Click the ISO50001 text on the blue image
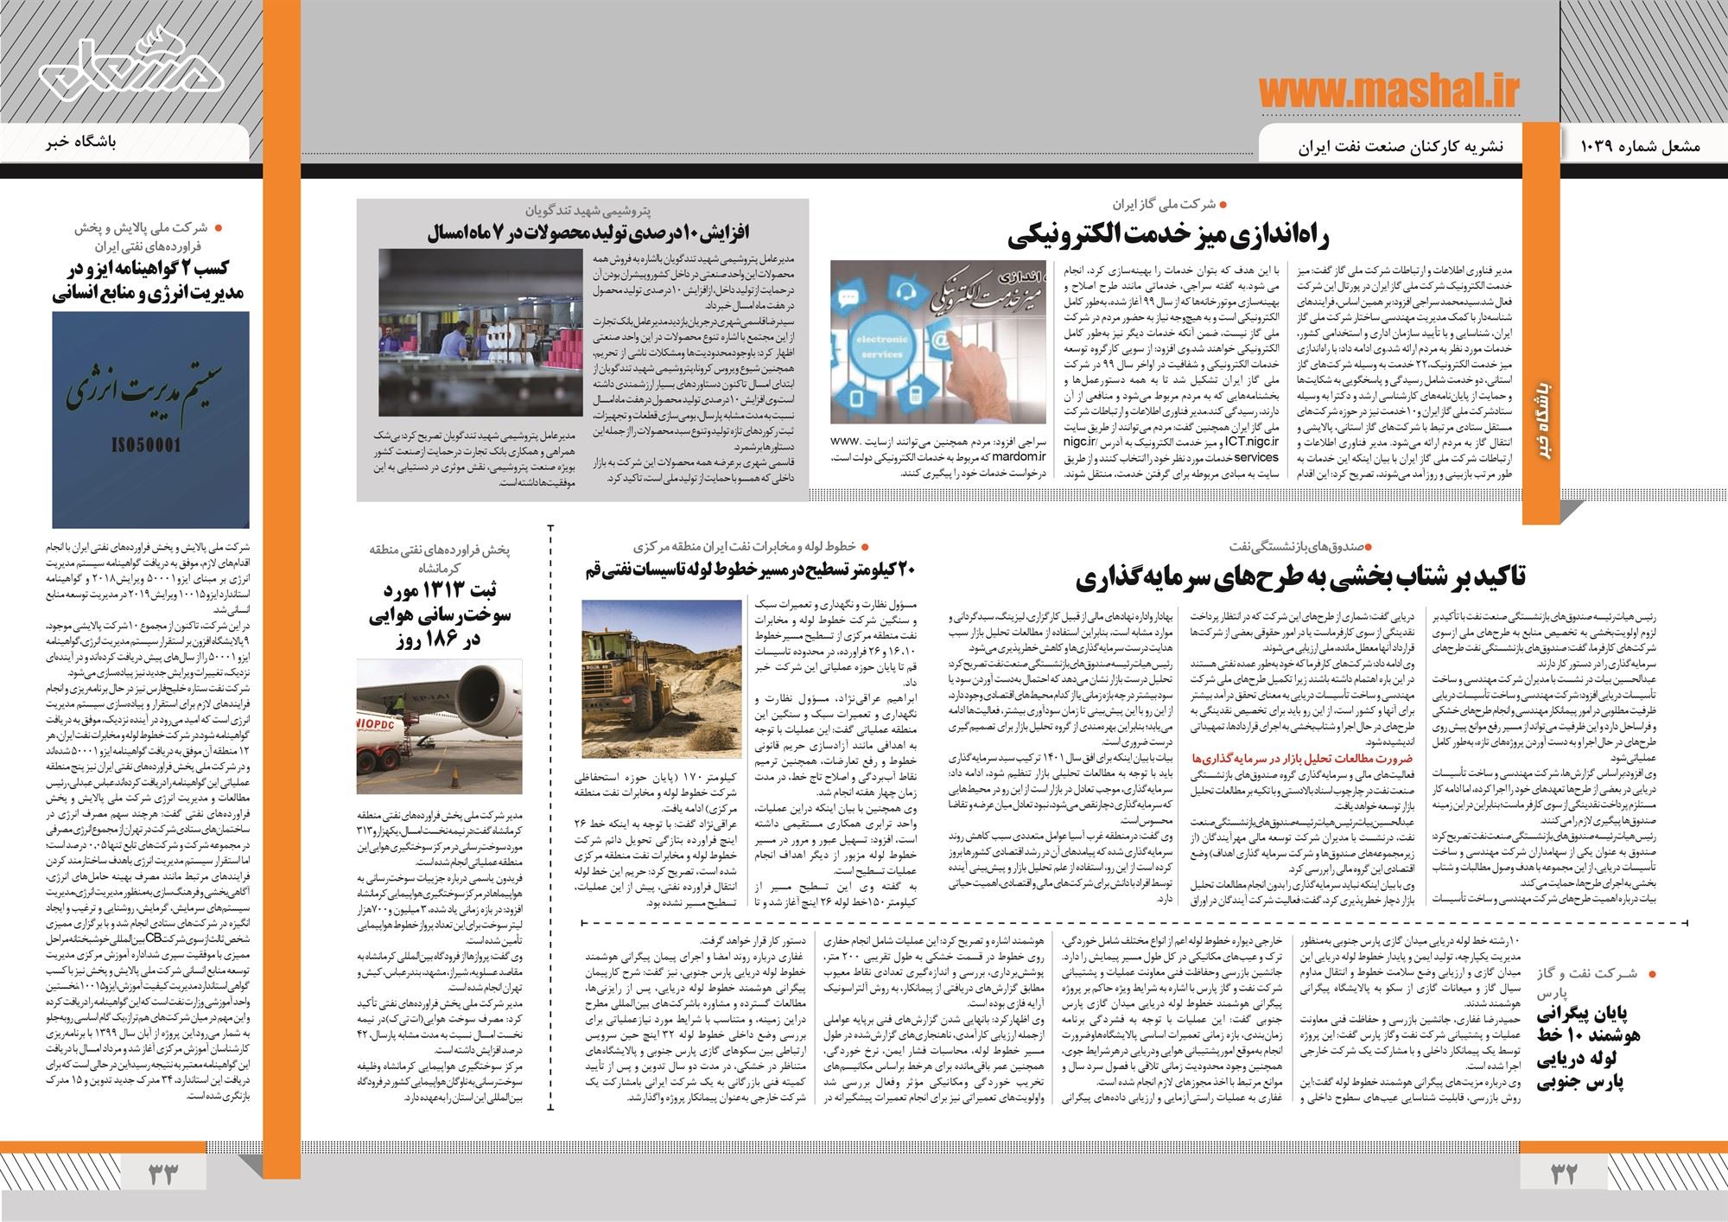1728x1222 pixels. [x=150, y=445]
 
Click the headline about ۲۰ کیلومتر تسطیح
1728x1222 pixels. [x=746, y=570]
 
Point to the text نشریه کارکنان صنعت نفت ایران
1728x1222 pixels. [x=1400, y=147]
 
